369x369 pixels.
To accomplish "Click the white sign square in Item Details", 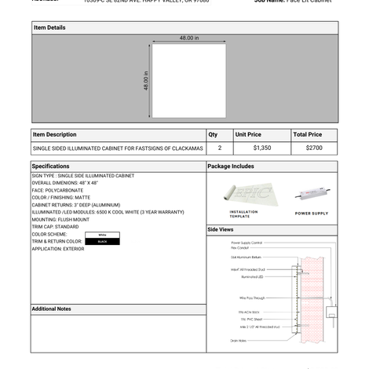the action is [x=188, y=80].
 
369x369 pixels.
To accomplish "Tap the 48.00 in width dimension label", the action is [x=189, y=38].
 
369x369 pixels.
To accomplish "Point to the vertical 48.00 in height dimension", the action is [x=146, y=80].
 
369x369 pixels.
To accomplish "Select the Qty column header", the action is [x=213, y=134].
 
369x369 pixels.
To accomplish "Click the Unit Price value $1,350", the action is [x=262, y=148].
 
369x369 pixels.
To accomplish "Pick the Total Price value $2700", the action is [x=314, y=148].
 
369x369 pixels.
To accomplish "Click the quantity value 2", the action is [x=220, y=148].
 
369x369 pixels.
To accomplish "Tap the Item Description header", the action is [x=55, y=134].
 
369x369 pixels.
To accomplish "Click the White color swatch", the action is [x=102, y=235].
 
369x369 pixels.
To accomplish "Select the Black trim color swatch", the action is [x=102, y=242].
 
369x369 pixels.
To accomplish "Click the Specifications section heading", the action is [x=51, y=166].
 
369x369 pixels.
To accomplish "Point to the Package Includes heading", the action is [x=231, y=166].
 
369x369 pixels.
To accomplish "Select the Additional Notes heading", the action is [x=51, y=309].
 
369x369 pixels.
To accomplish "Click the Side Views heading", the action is [x=221, y=229].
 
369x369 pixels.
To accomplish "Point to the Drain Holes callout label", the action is [x=239, y=341].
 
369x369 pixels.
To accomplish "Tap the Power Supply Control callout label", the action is [x=247, y=243].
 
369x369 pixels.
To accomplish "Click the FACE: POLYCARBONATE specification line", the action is [x=57, y=190].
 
